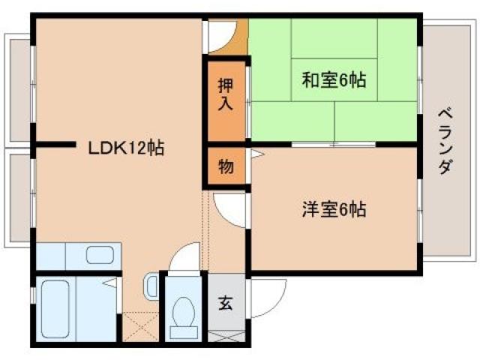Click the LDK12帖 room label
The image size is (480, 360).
click(x=127, y=147)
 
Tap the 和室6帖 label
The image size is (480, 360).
click(x=334, y=79)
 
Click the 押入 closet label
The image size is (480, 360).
click(x=226, y=94)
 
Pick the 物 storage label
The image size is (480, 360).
click(x=226, y=166)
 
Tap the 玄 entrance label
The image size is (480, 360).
click(x=226, y=303)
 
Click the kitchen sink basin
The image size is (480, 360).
click(x=99, y=254)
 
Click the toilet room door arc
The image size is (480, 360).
click(x=184, y=259)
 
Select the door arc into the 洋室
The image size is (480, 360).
click(x=229, y=206)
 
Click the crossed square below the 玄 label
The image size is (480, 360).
click(x=226, y=334)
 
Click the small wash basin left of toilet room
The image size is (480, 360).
click(x=150, y=286)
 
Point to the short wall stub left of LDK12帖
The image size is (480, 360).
click(x=54, y=145)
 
